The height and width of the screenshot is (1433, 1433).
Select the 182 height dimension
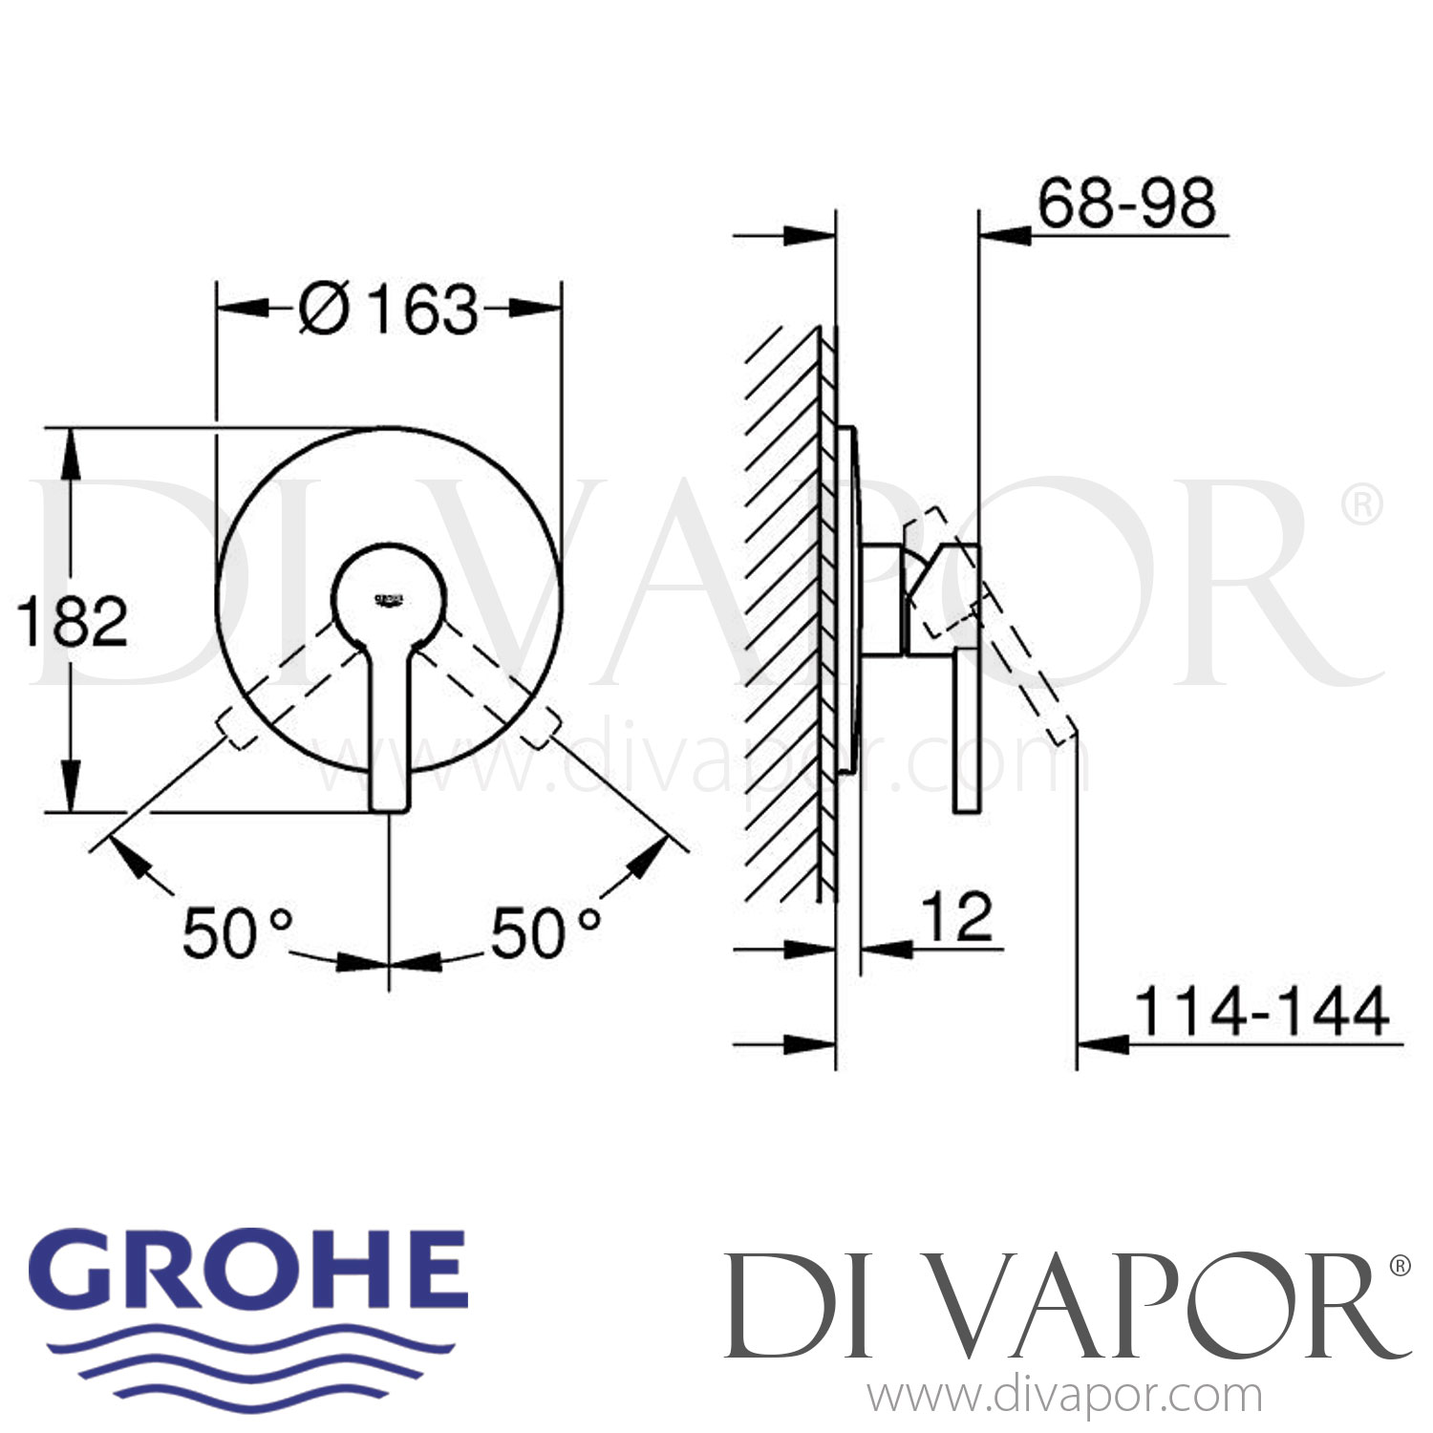(73, 622)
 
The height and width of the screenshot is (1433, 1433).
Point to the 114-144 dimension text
(1261, 1012)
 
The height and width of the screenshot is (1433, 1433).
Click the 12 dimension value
(958, 917)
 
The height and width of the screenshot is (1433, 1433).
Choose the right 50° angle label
(545, 933)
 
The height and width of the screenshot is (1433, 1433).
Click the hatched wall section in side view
(783, 611)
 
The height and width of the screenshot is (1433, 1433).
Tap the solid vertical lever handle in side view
(966, 731)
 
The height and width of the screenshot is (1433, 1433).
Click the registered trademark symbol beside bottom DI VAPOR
(1399, 1267)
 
